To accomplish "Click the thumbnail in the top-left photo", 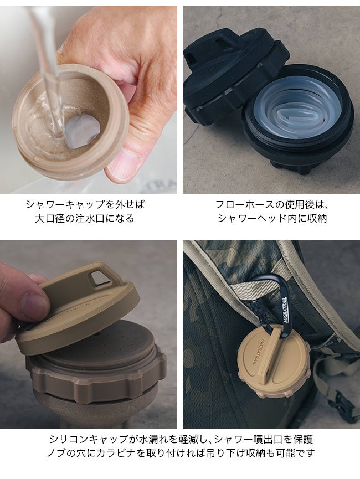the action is point(123,164).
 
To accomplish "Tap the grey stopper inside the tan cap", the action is point(83,131).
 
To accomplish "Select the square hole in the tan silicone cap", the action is point(99,279).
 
